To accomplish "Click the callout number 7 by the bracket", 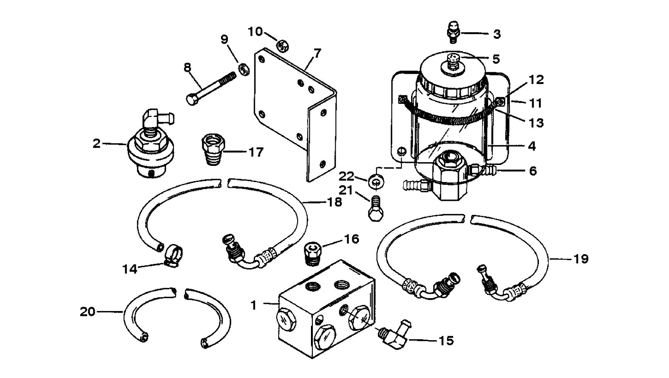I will [317, 53].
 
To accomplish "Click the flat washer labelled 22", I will [375, 181].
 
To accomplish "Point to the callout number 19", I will [580, 258].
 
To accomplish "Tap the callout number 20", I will [87, 311].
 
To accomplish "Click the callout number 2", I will [97, 144].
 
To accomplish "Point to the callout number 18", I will [334, 202].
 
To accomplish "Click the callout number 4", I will [532, 146].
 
